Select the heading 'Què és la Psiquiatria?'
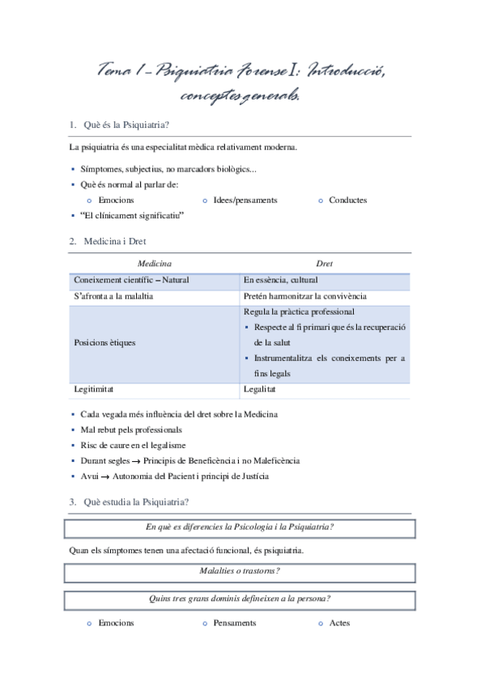coord(126,125)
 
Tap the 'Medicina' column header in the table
coord(154,264)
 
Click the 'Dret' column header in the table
coord(324,264)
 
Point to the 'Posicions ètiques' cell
coord(104,342)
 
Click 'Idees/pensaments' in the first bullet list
coord(245,200)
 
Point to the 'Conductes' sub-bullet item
coord(347,200)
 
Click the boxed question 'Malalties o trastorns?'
coord(240,571)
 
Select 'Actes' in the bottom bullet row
coord(339,624)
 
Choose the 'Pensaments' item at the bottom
coord(235,624)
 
